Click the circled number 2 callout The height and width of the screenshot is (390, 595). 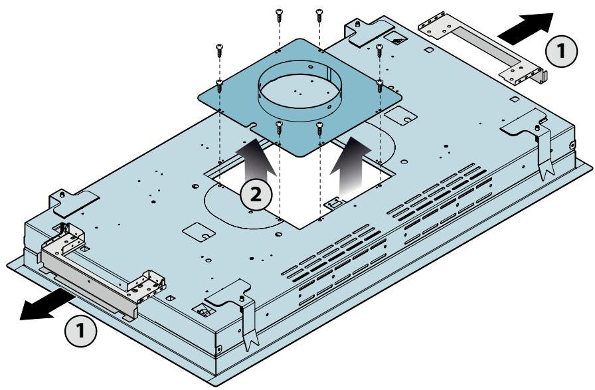click(x=256, y=195)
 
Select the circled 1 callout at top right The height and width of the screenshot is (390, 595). click(x=561, y=51)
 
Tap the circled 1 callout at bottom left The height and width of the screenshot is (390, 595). click(x=81, y=330)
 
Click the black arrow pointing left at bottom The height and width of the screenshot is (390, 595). click(x=46, y=304)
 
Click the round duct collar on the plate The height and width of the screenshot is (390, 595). click(x=299, y=91)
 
